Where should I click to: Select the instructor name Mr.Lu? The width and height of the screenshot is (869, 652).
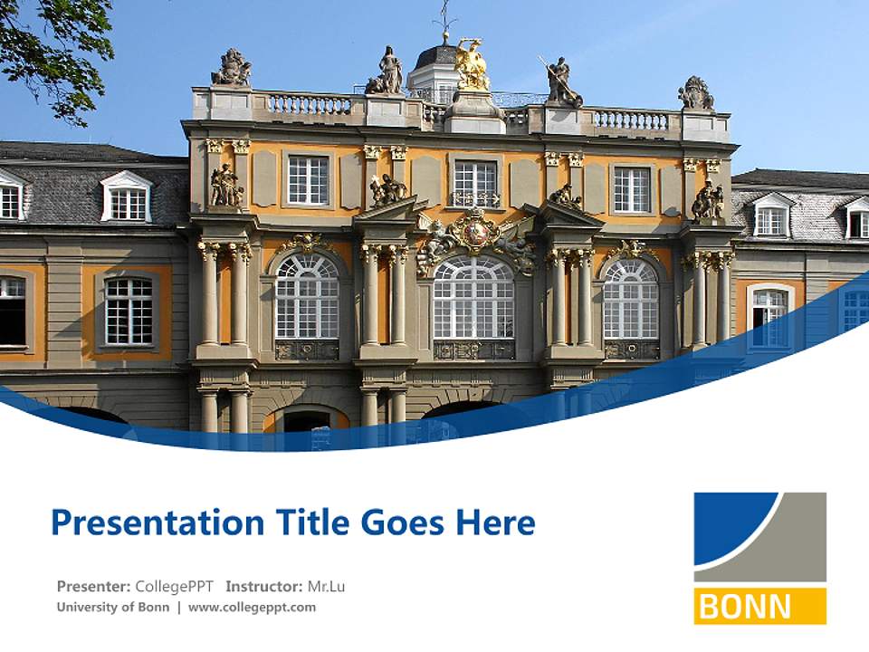[x=326, y=586]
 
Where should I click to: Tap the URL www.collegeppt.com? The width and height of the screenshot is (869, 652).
[x=252, y=607]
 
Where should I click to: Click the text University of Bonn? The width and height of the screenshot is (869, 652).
[x=112, y=607]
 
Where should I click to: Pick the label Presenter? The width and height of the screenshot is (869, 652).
[x=93, y=586]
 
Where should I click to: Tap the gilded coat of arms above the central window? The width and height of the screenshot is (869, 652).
[x=475, y=234]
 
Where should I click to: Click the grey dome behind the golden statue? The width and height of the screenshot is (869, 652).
[x=436, y=56]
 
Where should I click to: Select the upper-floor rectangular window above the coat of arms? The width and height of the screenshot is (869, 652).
[x=474, y=184]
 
